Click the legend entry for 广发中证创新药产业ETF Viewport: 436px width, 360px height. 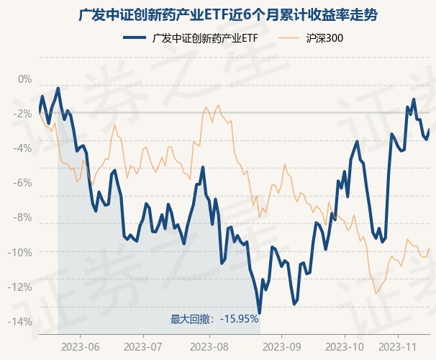(x=190, y=37)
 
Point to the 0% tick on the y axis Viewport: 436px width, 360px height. (x=24, y=79)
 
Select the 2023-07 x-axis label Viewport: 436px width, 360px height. (x=143, y=346)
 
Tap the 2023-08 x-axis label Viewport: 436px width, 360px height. (x=209, y=346)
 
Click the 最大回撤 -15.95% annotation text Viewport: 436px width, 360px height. (x=214, y=318)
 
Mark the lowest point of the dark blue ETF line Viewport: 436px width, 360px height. (x=260, y=312)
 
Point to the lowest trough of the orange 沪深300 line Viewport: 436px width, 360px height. (x=376, y=294)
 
